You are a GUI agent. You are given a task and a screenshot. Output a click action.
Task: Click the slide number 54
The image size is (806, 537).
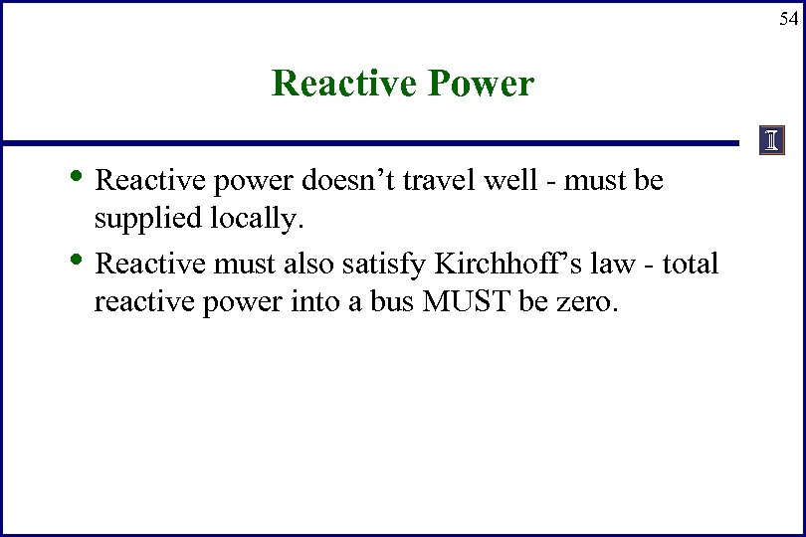tap(787, 18)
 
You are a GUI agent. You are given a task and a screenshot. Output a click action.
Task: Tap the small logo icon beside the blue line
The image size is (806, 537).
tap(772, 141)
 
